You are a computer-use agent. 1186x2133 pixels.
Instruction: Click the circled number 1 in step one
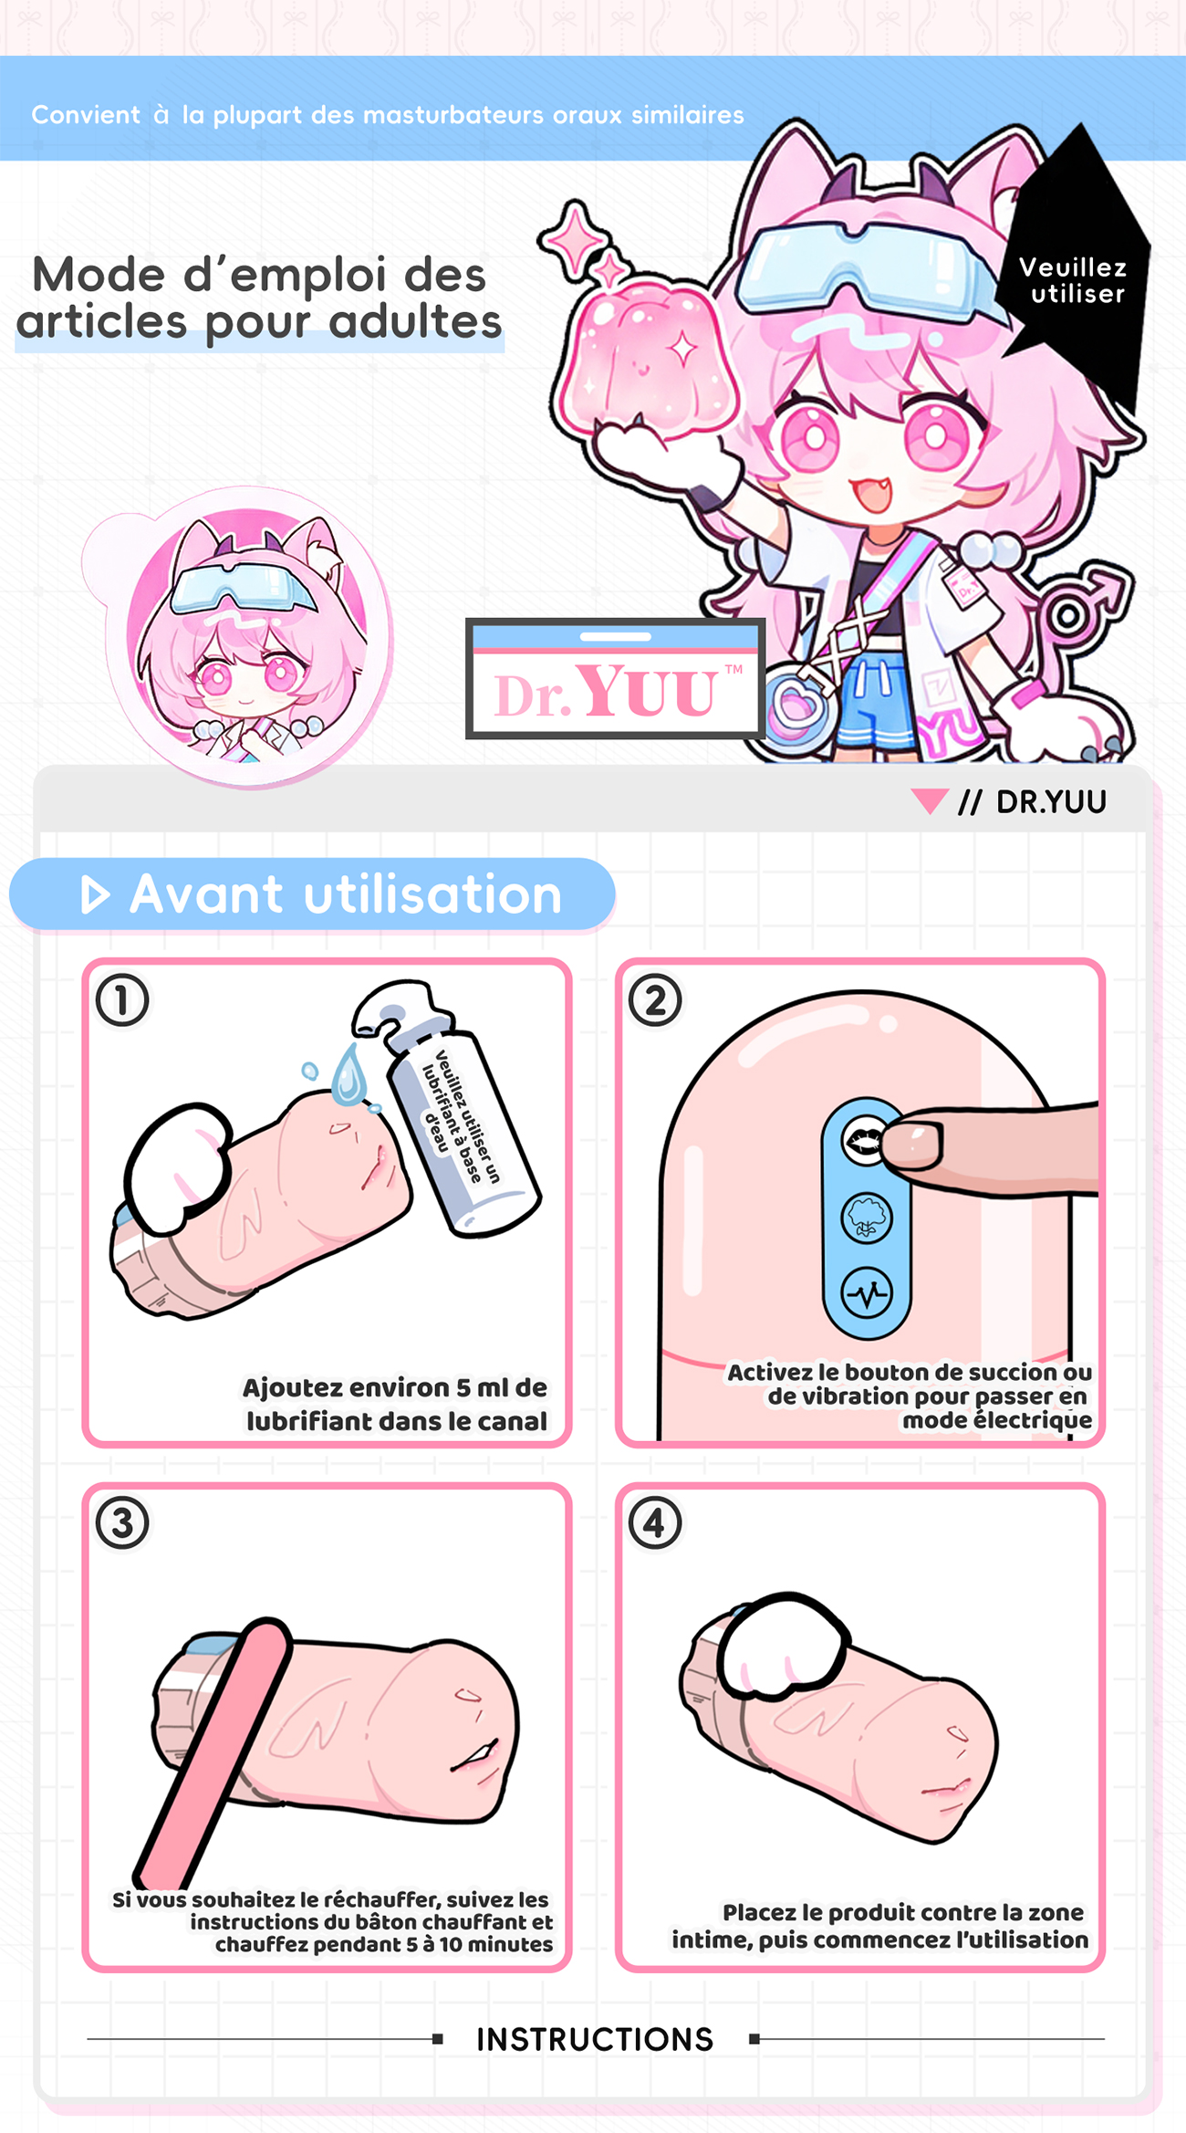122,1000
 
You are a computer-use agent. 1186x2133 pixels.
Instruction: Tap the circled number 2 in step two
655,1000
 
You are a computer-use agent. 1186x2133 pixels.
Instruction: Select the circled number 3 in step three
122,1523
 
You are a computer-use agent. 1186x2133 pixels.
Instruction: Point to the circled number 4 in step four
655,1523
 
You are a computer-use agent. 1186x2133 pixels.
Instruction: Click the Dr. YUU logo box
615,678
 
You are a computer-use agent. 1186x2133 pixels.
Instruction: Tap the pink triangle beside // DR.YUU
930,800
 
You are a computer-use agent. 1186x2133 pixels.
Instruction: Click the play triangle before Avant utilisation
95,894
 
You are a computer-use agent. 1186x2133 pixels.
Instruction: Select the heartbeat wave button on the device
866,1293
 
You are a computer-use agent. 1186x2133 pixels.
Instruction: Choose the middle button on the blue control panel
866,1218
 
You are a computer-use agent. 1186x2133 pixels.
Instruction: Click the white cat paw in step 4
784,1647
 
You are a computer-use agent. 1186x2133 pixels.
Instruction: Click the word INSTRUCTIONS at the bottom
595,2039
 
